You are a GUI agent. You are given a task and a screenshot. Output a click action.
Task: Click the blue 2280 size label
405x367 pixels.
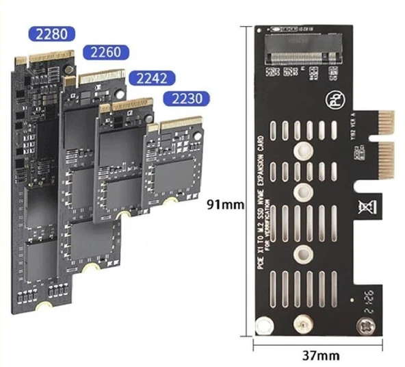(x=49, y=34)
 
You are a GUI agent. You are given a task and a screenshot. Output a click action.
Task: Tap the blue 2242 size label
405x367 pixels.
(x=152, y=77)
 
